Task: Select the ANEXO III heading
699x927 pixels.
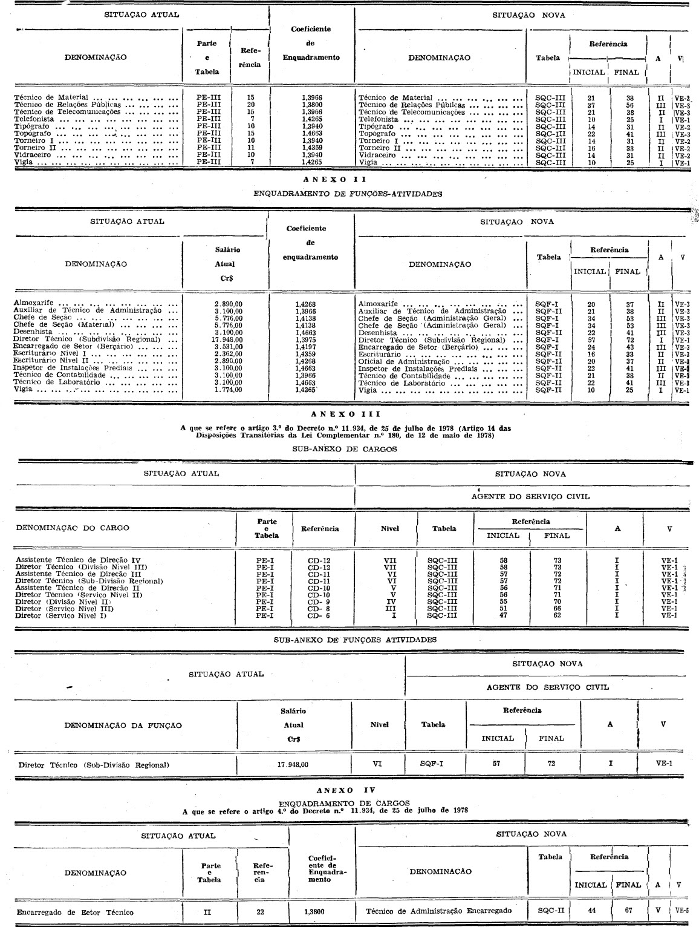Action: [346, 414]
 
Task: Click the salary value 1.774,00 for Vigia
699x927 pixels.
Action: [228, 390]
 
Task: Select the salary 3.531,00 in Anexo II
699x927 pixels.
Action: [228, 347]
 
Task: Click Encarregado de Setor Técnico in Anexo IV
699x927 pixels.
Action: [75, 912]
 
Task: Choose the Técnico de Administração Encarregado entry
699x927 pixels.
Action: [438, 910]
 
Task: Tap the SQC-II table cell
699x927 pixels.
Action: [551, 910]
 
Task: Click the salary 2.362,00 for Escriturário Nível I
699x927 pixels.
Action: [228, 354]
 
